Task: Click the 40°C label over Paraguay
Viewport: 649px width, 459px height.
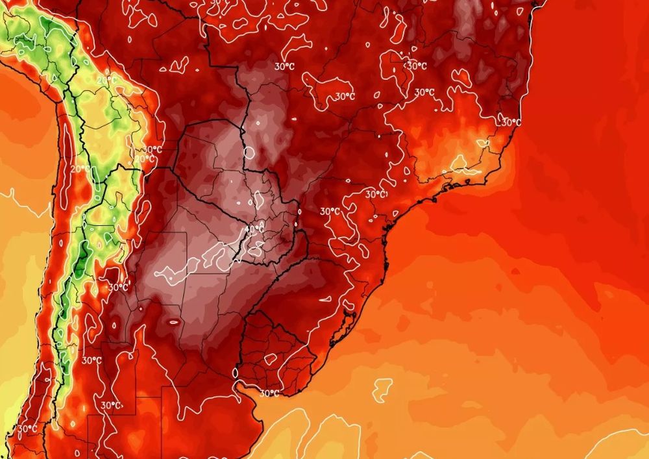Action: point(254,229)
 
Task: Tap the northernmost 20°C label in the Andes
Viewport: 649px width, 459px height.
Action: point(107,81)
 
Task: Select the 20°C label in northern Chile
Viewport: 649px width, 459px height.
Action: point(80,168)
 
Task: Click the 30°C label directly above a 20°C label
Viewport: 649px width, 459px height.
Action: point(153,149)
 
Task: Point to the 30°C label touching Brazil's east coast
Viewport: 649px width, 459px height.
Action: point(511,122)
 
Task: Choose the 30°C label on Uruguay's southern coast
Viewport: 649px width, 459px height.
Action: point(269,393)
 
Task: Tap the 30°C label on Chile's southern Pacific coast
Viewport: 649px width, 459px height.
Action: point(27,428)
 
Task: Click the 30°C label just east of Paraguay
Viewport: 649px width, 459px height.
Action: point(330,211)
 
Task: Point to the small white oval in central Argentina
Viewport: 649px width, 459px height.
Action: point(173,320)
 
